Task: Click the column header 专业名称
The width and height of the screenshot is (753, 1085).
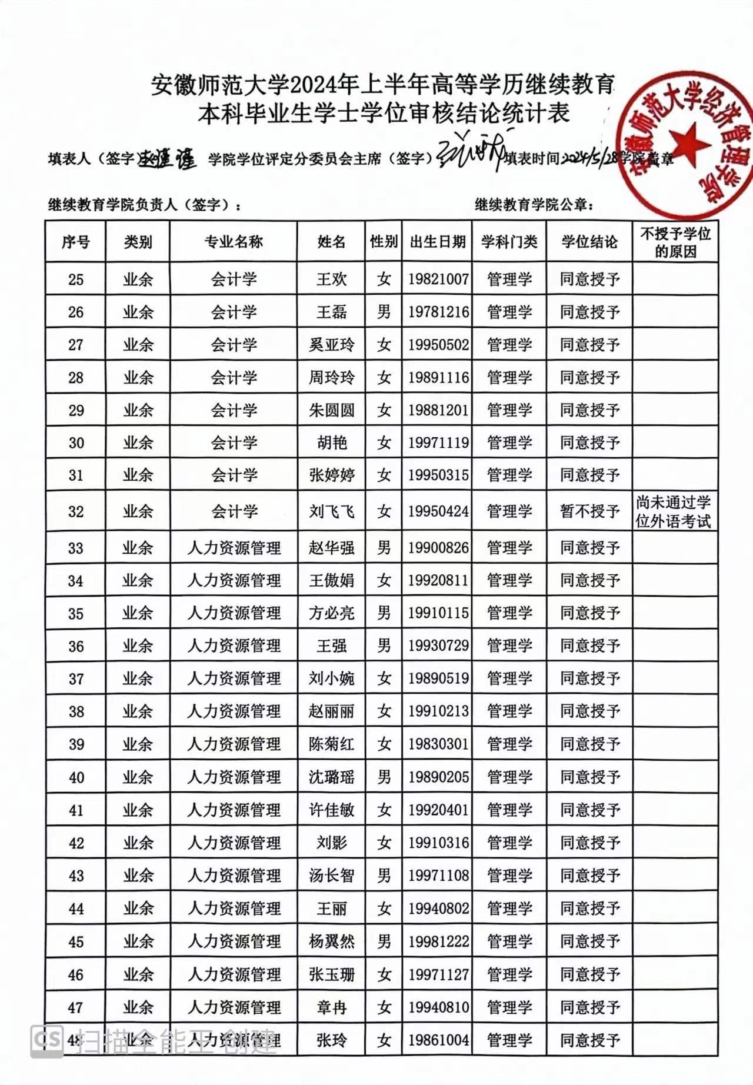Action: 234,242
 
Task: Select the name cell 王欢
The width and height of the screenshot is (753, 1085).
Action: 331,279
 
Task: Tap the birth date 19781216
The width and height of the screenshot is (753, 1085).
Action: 438,312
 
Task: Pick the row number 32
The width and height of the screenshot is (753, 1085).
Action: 76,511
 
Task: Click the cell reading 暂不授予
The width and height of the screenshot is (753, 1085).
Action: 589,511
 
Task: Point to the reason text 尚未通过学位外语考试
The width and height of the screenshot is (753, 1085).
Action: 674,511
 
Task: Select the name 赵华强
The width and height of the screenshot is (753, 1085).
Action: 331,548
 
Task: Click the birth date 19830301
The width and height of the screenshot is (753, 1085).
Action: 438,744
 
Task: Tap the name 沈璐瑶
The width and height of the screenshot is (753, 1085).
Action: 331,777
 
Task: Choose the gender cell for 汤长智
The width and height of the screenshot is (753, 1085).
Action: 384,876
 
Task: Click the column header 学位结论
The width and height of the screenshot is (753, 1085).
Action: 589,242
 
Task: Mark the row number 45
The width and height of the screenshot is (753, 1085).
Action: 76,941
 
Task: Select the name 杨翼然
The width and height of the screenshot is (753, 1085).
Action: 331,941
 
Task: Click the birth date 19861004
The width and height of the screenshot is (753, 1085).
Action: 438,1040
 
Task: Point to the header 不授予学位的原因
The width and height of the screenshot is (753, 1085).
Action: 675,242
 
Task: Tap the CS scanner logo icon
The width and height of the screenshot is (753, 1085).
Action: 47,1039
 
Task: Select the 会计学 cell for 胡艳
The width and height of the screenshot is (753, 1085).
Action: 234,442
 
